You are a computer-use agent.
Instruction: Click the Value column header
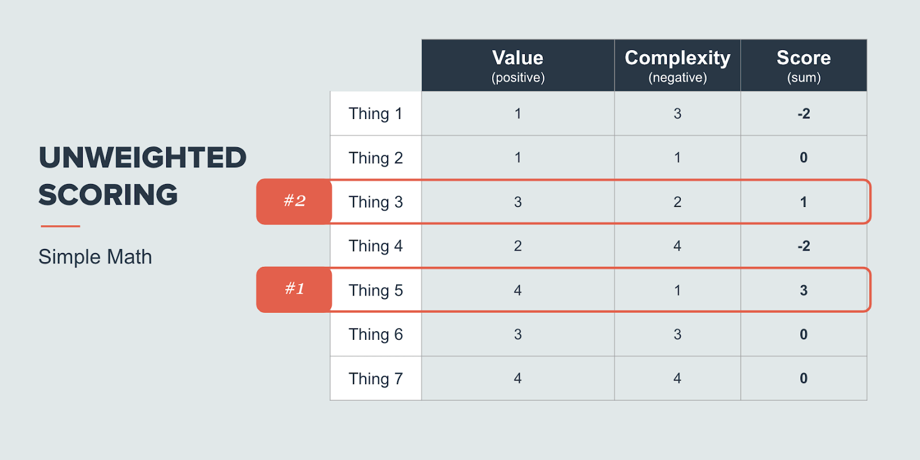coord(518,66)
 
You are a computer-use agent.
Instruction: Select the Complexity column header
coord(678,66)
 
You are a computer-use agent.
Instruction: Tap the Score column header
coord(804,66)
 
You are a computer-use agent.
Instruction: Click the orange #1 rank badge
coord(294,290)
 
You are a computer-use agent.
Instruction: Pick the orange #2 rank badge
coord(294,201)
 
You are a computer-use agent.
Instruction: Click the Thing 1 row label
coord(376,113)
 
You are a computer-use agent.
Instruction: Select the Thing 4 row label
coord(376,246)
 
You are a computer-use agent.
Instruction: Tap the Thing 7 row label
coord(376,378)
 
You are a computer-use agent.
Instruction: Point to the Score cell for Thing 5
coord(804,290)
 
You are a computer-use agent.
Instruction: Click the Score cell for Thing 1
coord(804,113)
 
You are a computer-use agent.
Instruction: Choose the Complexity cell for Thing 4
coord(678,246)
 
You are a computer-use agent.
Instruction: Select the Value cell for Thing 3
coord(518,202)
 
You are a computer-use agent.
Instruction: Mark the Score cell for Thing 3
coord(804,202)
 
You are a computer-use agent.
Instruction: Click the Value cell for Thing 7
coord(518,378)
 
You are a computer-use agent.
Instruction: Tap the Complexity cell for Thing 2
coord(678,158)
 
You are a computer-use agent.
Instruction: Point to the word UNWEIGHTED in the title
coord(143,158)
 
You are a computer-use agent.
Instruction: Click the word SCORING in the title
coord(108,195)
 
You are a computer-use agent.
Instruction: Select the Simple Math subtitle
coord(95,257)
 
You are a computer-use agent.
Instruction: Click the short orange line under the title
coord(60,226)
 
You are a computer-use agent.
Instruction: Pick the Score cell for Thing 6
coord(804,334)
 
